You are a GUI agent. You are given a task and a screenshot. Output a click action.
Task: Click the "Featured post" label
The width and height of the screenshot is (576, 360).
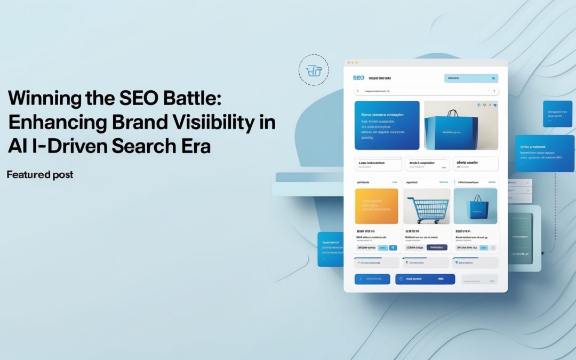pos(40,174)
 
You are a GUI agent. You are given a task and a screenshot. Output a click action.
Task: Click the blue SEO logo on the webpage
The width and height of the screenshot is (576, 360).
pos(358,78)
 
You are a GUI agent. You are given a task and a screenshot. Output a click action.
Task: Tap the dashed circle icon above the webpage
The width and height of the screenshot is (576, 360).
pos(314,70)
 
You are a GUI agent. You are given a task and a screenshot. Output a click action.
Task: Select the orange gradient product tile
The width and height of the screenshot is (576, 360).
pos(377,206)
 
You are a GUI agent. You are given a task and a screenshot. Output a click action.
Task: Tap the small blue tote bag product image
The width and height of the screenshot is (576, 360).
pos(475,206)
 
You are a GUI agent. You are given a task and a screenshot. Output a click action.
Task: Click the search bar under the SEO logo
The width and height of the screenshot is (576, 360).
pos(426,91)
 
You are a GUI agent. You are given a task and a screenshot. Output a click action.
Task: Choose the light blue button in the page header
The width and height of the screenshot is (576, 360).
pos(471,78)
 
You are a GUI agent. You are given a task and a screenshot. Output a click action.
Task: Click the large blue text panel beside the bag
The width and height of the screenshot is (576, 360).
pos(387,125)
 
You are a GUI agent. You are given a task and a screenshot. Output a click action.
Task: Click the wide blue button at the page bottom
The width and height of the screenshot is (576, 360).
pos(425,279)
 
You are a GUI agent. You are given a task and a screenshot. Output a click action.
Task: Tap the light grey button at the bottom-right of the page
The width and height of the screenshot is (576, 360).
pos(479,279)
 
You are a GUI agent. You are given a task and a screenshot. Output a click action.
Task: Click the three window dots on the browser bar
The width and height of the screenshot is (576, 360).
pos(352,62)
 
